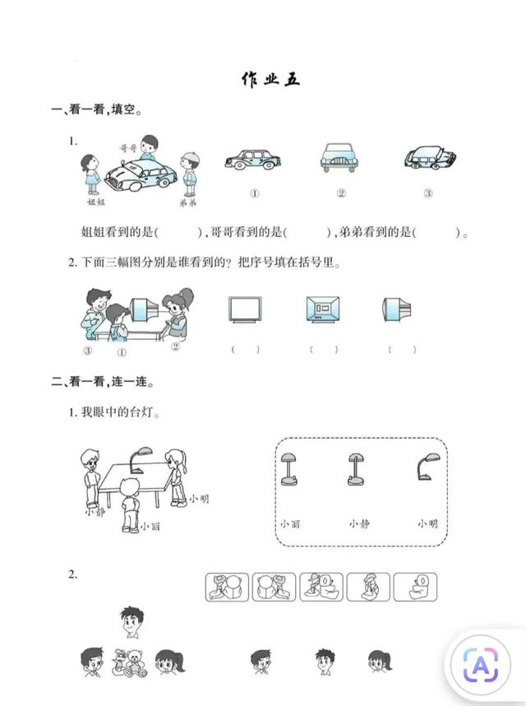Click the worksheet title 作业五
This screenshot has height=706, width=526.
270,79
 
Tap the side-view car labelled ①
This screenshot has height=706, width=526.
252,160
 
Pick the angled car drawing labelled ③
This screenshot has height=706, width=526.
429,158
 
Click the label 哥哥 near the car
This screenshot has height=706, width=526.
127,147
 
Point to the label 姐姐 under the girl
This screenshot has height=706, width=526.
96,202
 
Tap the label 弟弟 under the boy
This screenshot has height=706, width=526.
188,203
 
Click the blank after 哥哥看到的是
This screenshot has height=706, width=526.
308,233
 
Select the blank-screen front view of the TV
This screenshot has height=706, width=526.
245,309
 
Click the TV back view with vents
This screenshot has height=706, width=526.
323,309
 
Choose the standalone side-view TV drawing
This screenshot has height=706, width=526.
396,309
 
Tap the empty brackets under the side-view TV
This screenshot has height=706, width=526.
402,349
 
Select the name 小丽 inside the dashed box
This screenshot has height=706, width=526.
290,523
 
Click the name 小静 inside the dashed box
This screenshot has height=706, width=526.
359,523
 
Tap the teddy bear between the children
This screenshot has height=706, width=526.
135,662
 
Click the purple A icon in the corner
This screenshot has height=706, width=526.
481,664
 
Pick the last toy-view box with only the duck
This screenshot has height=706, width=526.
415,588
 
